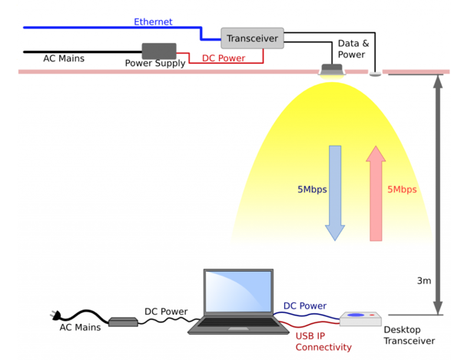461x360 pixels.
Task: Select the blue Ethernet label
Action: pos(153,22)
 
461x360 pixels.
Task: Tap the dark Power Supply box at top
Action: pos(158,52)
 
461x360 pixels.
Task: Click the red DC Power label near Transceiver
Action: pos(225,58)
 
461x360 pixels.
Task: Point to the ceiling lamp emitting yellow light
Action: pos(332,71)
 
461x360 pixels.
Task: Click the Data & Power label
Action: pos(353,49)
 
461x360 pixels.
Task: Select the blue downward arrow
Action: pos(335,192)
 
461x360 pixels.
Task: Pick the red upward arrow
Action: pos(376,192)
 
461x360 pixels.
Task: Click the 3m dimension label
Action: pos(423,281)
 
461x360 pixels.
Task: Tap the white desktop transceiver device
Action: pos(360,318)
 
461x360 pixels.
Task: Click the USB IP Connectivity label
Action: pos(323,341)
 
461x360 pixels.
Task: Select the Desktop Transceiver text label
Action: pos(409,335)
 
